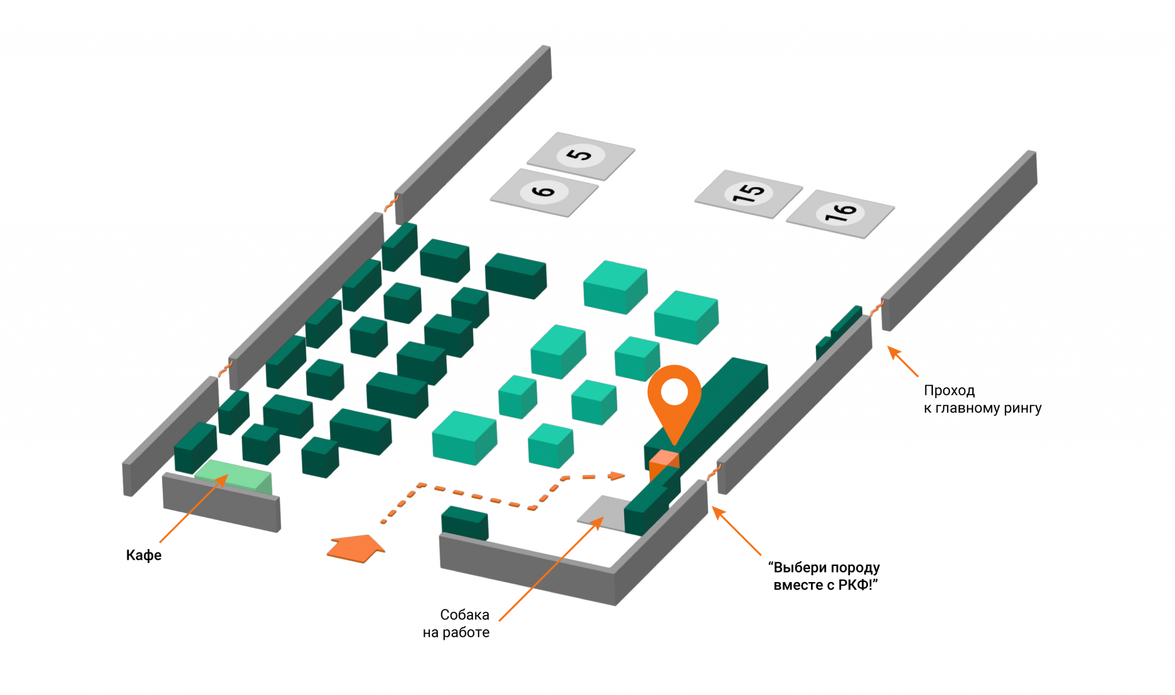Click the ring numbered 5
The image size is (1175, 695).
(581, 156)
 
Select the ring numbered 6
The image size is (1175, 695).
(544, 192)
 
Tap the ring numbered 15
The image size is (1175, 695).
(748, 193)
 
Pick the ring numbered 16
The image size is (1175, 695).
(840, 213)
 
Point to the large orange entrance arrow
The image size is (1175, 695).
(357, 549)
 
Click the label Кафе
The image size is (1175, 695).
(144, 555)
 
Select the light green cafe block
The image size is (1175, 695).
(233, 476)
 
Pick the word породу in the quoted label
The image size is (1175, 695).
(855, 568)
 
